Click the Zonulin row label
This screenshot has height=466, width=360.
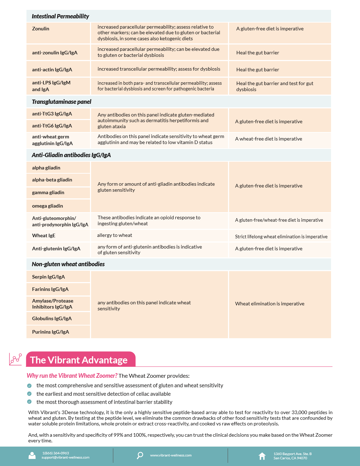point(41,29)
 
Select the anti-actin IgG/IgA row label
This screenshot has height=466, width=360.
point(52,70)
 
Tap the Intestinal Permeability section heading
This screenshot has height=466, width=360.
point(60,16)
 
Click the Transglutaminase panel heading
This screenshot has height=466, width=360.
point(61,102)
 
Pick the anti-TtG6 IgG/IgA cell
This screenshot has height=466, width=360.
point(52,126)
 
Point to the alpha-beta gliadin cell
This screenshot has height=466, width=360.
point(52,180)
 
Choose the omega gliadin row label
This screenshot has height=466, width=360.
point(47,206)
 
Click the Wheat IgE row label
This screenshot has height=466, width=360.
point(43,235)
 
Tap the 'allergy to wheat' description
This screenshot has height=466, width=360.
point(115,235)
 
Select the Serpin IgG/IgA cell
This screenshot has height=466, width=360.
point(48,277)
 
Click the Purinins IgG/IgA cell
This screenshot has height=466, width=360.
point(50,332)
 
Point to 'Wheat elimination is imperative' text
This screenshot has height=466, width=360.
point(270,304)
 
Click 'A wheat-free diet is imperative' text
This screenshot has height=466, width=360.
point(269,139)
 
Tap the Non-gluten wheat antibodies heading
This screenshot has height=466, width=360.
point(68,264)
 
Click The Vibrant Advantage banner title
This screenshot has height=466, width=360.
point(79,360)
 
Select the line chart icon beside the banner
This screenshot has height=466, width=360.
point(16,359)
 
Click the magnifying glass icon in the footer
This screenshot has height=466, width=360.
point(140,455)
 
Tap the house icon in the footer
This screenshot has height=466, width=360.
point(262,456)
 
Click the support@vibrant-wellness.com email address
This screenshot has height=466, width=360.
point(65,458)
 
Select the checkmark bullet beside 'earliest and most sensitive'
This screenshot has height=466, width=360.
point(29,394)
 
